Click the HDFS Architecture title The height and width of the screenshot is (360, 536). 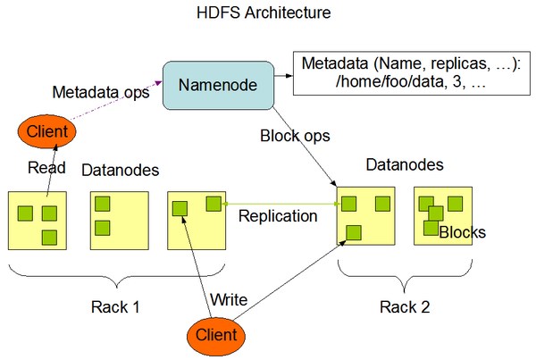(265, 14)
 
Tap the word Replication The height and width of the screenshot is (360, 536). (277, 216)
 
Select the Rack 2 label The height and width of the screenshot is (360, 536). (403, 307)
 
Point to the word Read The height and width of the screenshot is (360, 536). (46, 167)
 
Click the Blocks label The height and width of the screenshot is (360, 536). (462, 232)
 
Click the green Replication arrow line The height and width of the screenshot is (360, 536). (281, 204)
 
